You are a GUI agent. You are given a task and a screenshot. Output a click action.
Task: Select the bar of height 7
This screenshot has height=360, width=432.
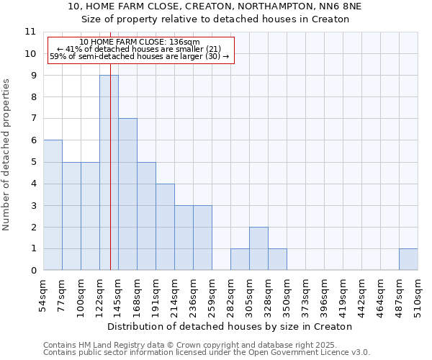point(127,194)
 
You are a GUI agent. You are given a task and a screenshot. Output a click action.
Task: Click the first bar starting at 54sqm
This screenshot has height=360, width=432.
point(53,205)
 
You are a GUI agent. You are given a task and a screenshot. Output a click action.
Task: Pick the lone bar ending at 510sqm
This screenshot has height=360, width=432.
point(408,259)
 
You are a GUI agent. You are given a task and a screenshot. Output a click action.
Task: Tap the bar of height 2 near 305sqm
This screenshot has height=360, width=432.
point(258,248)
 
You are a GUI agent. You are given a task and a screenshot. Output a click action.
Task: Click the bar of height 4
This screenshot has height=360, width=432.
point(165,227)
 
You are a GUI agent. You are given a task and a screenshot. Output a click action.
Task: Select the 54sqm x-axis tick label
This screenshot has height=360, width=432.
point(43,294)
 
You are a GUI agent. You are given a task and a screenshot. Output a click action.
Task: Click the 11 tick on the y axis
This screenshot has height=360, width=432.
point(30,32)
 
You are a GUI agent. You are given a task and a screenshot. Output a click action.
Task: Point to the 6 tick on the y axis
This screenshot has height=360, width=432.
point(33,140)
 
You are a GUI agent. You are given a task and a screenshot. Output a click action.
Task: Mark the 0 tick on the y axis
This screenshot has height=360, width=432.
point(33,271)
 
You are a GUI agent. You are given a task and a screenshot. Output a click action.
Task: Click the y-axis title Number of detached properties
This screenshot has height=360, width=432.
point(7,155)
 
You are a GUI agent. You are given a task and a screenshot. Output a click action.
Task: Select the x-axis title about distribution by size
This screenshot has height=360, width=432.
point(230,326)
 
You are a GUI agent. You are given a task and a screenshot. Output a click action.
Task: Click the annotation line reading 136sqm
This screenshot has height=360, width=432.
point(140,42)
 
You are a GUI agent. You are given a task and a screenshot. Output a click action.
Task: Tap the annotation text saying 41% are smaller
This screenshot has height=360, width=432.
point(140,49)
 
